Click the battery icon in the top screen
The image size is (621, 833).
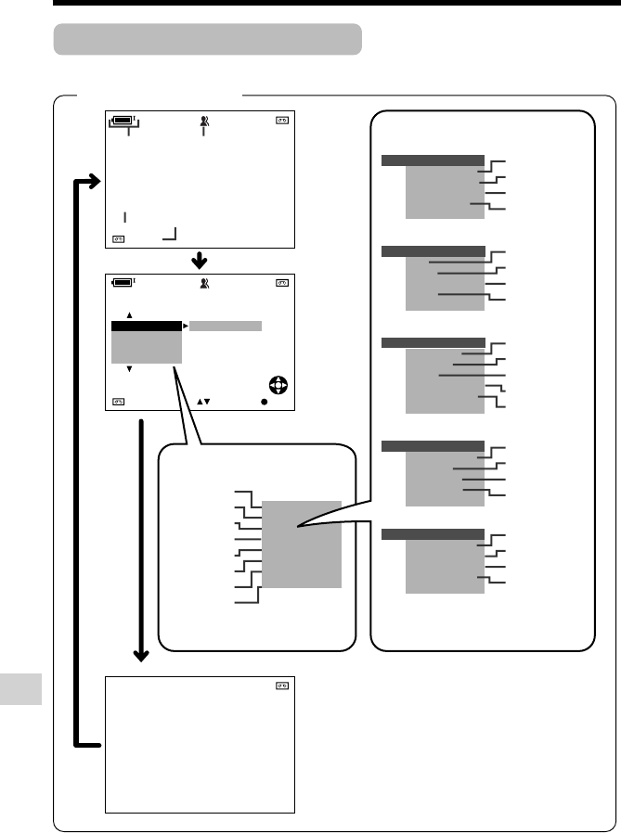(x=123, y=119)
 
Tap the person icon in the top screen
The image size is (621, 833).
(x=203, y=119)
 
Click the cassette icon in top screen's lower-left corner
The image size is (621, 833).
(x=119, y=238)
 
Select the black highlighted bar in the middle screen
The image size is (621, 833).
(x=146, y=327)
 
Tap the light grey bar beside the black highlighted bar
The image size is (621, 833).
(x=225, y=327)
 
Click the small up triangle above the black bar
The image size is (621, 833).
(x=130, y=314)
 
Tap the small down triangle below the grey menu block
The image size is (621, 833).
(x=130, y=369)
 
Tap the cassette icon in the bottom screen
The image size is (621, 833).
(x=281, y=686)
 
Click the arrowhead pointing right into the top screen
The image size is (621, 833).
(x=93, y=185)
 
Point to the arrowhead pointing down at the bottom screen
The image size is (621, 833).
(x=142, y=656)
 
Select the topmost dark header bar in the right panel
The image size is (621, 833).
(x=433, y=160)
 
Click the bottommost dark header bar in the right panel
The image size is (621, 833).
(x=433, y=534)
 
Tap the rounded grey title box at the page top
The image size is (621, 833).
(x=207, y=40)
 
